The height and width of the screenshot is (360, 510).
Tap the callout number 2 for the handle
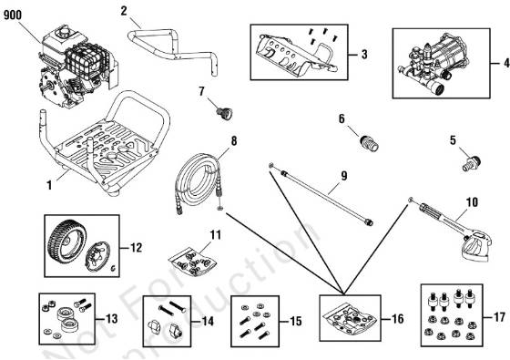tap(125, 12)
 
